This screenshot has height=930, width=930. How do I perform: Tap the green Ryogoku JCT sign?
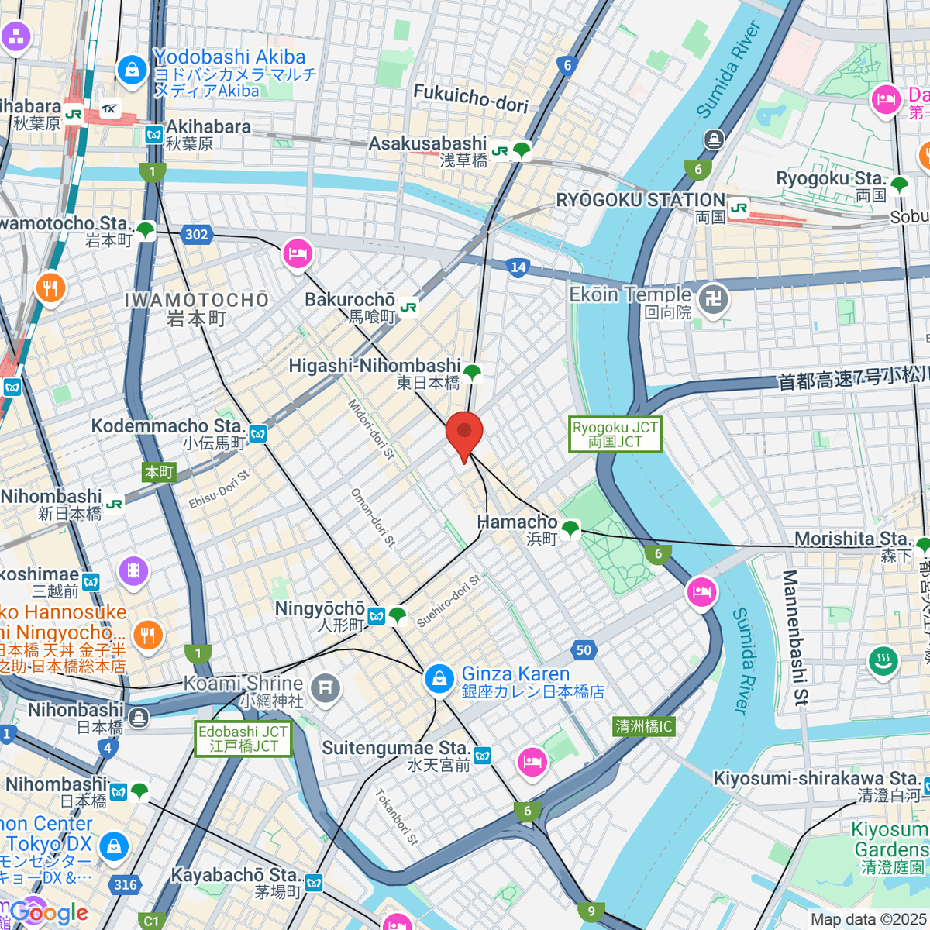point(615,435)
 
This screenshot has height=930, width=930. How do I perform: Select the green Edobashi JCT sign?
point(243,739)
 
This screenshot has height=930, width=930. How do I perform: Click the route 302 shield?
point(197,234)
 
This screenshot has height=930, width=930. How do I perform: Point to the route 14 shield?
point(518,267)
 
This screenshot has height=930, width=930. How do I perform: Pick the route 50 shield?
point(584,650)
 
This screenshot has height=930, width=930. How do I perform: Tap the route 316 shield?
point(125,884)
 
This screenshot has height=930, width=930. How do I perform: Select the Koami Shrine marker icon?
point(325,687)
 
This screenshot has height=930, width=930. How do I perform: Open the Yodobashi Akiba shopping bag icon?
point(133,70)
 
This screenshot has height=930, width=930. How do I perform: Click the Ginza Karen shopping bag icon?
point(439,680)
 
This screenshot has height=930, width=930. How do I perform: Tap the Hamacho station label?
point(518,522)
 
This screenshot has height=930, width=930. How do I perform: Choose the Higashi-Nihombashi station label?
point(375,366)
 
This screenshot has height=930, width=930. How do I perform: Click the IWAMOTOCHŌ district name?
point(197,301)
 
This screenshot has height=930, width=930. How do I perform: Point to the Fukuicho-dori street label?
point(471,98)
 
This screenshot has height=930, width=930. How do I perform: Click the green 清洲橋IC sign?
point(644,726)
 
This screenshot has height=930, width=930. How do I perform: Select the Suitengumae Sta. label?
point(395,749)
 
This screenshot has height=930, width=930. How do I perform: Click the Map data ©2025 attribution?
point(867,919)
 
